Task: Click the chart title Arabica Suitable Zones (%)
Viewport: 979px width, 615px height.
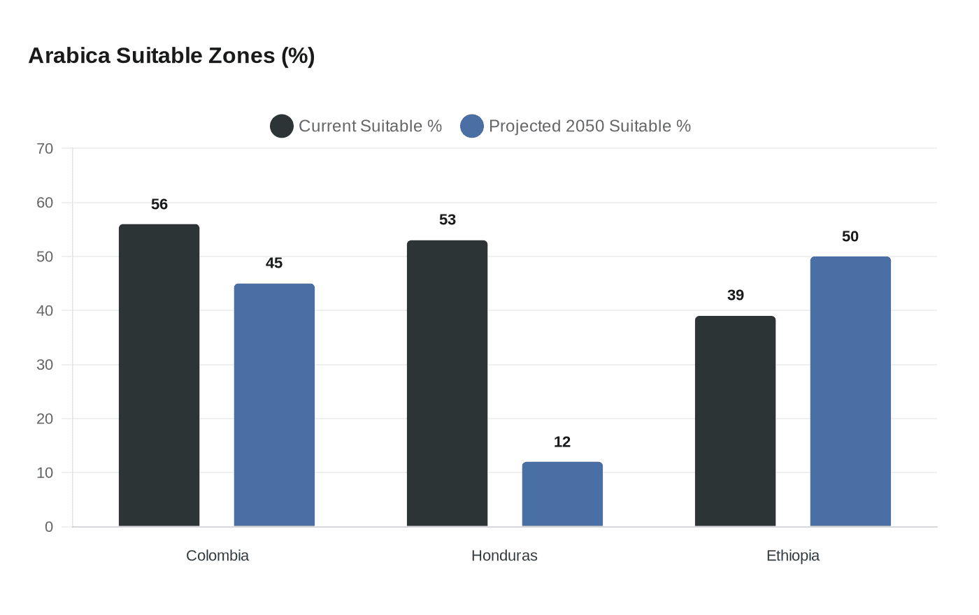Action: click(x=171, y=56)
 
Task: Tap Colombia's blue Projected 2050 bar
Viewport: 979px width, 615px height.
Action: click(x=274, y=405)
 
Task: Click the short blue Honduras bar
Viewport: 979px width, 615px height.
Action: click(x=562, y=494)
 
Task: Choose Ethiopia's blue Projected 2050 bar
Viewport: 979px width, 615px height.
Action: click(x=850, y=391)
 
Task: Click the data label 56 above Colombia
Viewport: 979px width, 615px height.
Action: click(x=159, y=204)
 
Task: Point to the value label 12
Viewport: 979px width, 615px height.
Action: click(x=562, y=442)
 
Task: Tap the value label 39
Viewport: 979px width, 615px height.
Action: click(x=736, y=295)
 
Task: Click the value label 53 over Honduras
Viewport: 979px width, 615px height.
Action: click(x=448, y=219)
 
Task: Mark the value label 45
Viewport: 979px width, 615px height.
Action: click(x=274, y=263)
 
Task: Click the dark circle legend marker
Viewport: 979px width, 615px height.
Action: click(x=282, y=126)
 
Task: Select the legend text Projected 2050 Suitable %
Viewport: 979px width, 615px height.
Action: click(x=589, y=126)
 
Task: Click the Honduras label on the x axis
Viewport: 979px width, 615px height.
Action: click(x=504, y=556)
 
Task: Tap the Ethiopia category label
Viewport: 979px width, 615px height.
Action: click(x=792, y=556)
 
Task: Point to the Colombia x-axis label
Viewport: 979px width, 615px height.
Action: click(x=217, y=556)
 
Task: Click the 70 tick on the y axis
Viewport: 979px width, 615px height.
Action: click(x=45, y=148)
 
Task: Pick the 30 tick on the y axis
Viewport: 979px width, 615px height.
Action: click(x=45, y=365)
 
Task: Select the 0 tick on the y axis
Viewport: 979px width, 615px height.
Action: click(x=49, y=527)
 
